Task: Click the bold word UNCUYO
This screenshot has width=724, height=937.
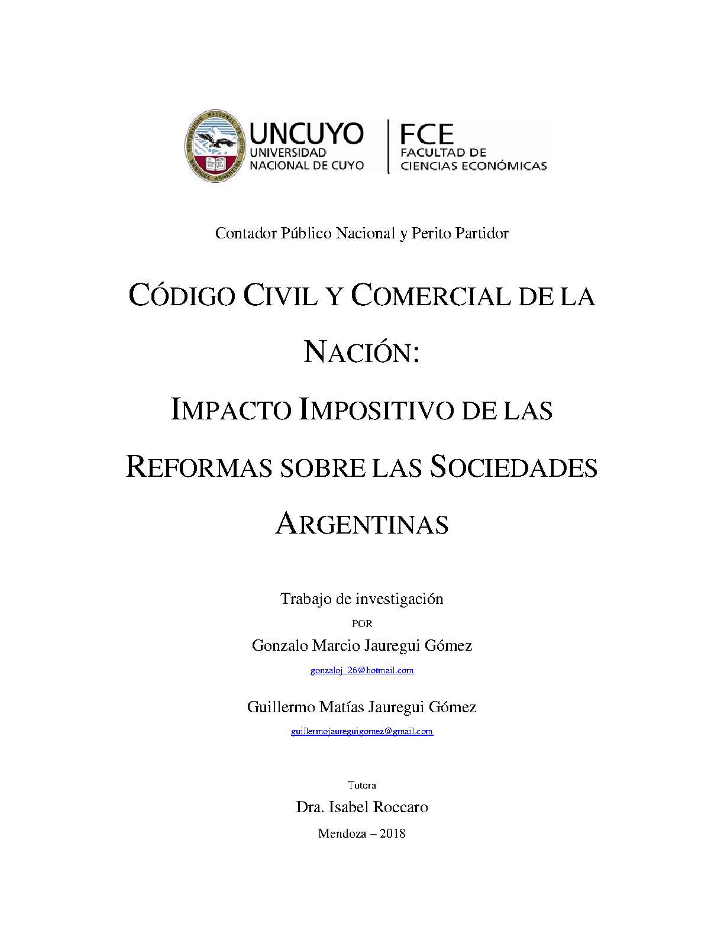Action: point(306,134)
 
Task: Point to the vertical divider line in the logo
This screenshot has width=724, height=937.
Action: point(388,146)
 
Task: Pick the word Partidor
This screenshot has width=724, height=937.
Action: point(482,233)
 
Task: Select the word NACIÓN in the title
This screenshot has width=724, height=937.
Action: point(358,353)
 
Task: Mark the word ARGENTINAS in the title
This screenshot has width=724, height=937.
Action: point(361,524)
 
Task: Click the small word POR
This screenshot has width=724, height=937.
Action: point(362,623)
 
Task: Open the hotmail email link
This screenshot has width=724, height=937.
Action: point(362,670)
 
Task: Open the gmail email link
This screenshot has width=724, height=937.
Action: point(362,731)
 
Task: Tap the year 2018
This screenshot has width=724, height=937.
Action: point(393,833)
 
